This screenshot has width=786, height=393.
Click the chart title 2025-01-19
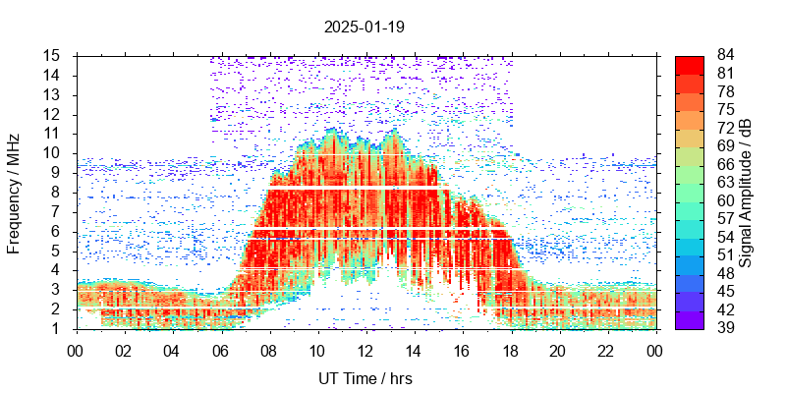click(x=364, y=27)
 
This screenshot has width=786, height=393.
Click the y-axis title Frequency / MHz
click(x=14, y=193)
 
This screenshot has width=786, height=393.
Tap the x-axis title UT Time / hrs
click(x=365, y=378)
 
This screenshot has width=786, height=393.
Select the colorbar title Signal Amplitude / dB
click(x=747, y=193)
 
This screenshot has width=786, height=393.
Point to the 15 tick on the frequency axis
click(x=53, y=55)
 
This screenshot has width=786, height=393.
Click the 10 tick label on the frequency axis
click(x=53, y=152)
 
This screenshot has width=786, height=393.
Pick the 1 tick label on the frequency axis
click(x=58, y=328)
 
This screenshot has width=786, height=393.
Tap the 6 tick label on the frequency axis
click(x=58, y=231)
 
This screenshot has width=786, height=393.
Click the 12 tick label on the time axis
click(x=365, y=350)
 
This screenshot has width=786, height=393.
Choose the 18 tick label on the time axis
click(x=510, y=350)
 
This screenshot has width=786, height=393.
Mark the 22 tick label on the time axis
click(x=606, y=350)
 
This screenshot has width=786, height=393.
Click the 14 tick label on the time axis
click(x=414, y=350)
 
